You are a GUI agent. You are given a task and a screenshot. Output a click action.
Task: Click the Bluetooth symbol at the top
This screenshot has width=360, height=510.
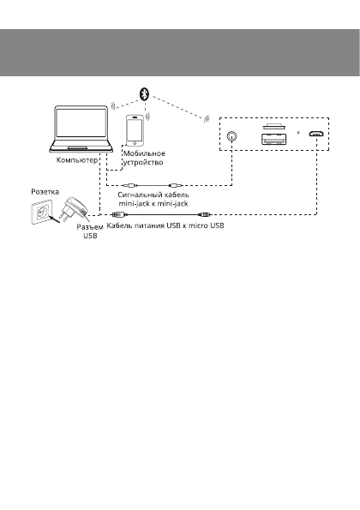(145, 92)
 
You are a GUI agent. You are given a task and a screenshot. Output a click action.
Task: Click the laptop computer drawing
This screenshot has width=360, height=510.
(81, 132)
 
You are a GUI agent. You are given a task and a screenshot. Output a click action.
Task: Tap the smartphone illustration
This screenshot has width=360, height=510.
(135, 130)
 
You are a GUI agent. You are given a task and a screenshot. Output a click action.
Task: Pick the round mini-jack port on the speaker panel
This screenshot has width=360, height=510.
(231, 135)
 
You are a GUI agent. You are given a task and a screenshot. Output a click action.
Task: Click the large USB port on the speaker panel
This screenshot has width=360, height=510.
(275, 138)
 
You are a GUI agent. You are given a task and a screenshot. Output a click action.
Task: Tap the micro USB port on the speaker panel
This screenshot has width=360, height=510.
(315, 135)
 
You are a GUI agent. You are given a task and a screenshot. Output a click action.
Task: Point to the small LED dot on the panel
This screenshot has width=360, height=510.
(297, 134)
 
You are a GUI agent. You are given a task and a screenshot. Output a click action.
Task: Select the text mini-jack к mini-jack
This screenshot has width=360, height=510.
(153, 206)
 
